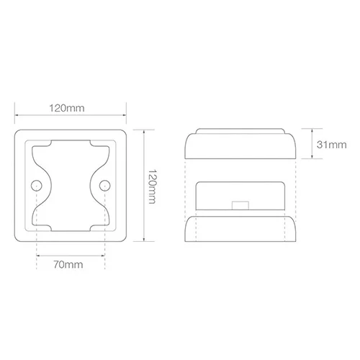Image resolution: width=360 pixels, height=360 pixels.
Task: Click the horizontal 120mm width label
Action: click(x=67, y=108)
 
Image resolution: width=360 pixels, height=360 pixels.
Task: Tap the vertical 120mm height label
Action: click(x=152, y=186)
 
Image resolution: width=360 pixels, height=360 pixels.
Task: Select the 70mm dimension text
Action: click(x=68, y=264)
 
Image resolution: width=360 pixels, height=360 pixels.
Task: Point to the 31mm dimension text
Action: click(x=331, y=145)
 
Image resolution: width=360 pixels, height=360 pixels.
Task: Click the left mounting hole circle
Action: click(x=37, y=186)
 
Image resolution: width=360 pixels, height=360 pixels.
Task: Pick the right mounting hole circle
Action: click(x=105, y=186)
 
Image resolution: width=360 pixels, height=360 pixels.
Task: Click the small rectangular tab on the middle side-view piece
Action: click(x=240, y=206)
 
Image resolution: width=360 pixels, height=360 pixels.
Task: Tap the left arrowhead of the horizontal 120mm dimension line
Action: click(x=17, y=115)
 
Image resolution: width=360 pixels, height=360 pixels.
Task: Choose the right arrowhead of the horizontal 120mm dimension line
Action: click(x=125, y=115)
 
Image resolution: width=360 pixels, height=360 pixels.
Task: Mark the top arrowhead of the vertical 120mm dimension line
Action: click(x=144, y=132)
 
